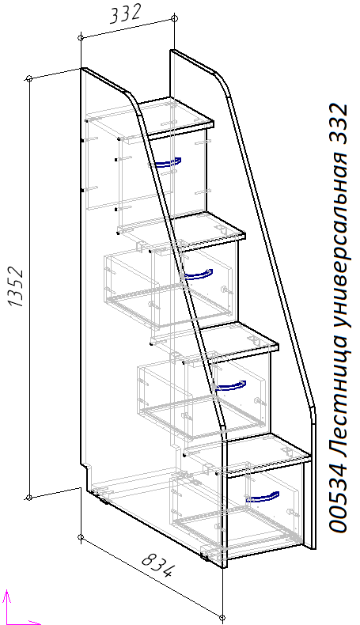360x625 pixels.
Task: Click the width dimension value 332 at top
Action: tap(125, 14)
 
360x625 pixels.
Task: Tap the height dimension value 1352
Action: tap(17, 287)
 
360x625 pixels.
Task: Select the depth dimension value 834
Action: tap(157, 565)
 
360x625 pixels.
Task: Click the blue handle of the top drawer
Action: tap(168, 162)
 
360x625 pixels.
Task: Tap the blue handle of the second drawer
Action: tap(199, 275)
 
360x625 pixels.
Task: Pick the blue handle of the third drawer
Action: tap(231, 386)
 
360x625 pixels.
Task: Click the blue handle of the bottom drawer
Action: tap(263, 497)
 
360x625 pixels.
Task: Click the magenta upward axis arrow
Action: tap(6, 606)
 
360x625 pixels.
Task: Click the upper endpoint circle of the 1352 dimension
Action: tap(29, 78)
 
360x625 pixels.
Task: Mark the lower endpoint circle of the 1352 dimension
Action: tap(28, 498)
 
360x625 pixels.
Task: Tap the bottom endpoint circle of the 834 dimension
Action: tap(222, 618)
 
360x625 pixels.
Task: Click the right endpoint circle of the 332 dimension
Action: tap(174, 18)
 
